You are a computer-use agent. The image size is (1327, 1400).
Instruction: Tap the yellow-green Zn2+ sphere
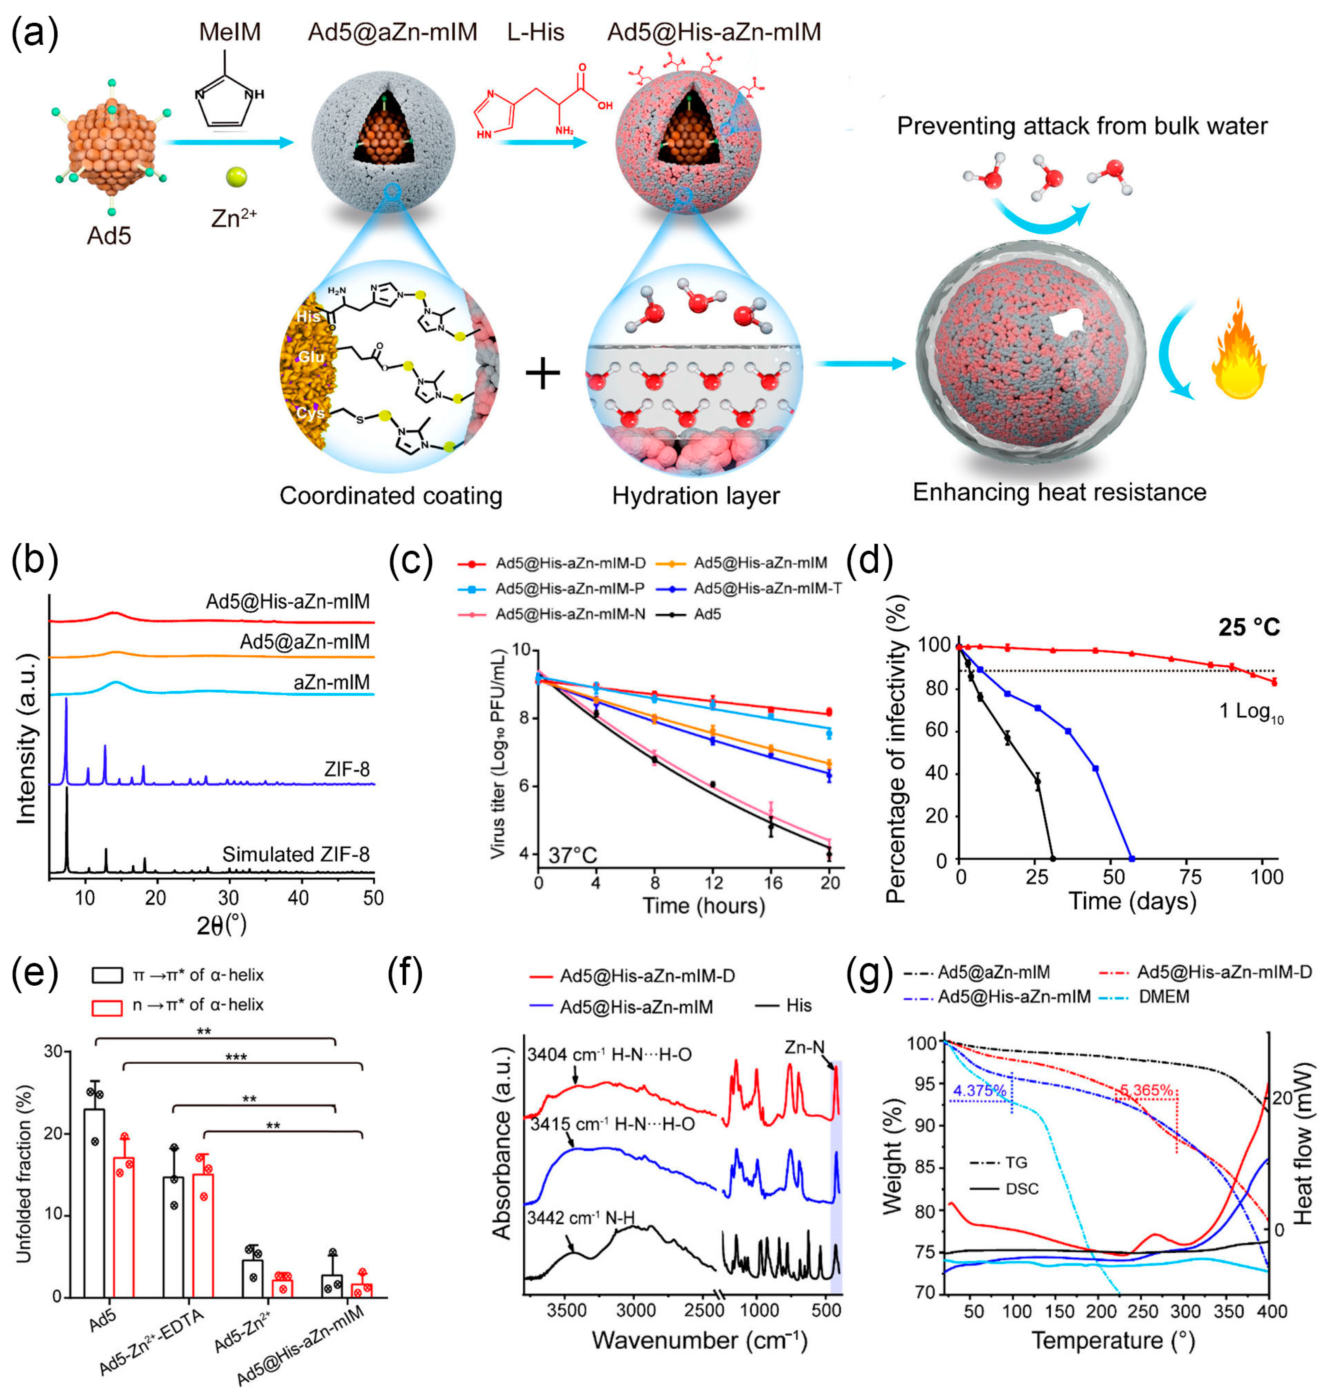click(236, 177)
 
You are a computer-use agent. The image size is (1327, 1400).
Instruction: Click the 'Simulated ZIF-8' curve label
click(296, 854)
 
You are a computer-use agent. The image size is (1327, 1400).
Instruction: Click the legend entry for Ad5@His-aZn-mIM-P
click(569, 588)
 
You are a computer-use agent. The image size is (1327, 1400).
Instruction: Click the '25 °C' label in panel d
click(1248, 627)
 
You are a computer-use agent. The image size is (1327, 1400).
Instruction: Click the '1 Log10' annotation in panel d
click(1250, 711)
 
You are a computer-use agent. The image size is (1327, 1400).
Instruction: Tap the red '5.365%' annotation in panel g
click(1146, 1090)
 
